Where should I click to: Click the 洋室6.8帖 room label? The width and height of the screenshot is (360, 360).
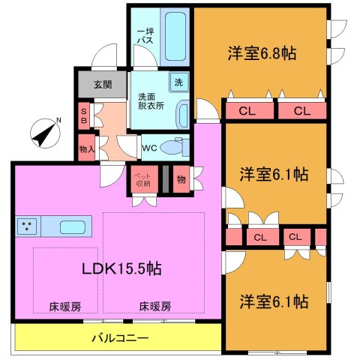[x=261, y=54]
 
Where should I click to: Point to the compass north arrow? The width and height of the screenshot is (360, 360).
[x=44, y=134]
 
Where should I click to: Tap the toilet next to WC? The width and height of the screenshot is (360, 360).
[x=177, y=147]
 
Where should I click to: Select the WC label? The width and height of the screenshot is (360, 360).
[x=149, y=148]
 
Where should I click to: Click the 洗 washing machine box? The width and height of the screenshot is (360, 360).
[x=179, y=82]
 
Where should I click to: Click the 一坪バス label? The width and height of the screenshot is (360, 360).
[x=145, y=35]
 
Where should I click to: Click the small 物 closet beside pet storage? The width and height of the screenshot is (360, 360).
[x=181, y=180]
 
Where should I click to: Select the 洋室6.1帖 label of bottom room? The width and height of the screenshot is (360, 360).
[x=274, y=301]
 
